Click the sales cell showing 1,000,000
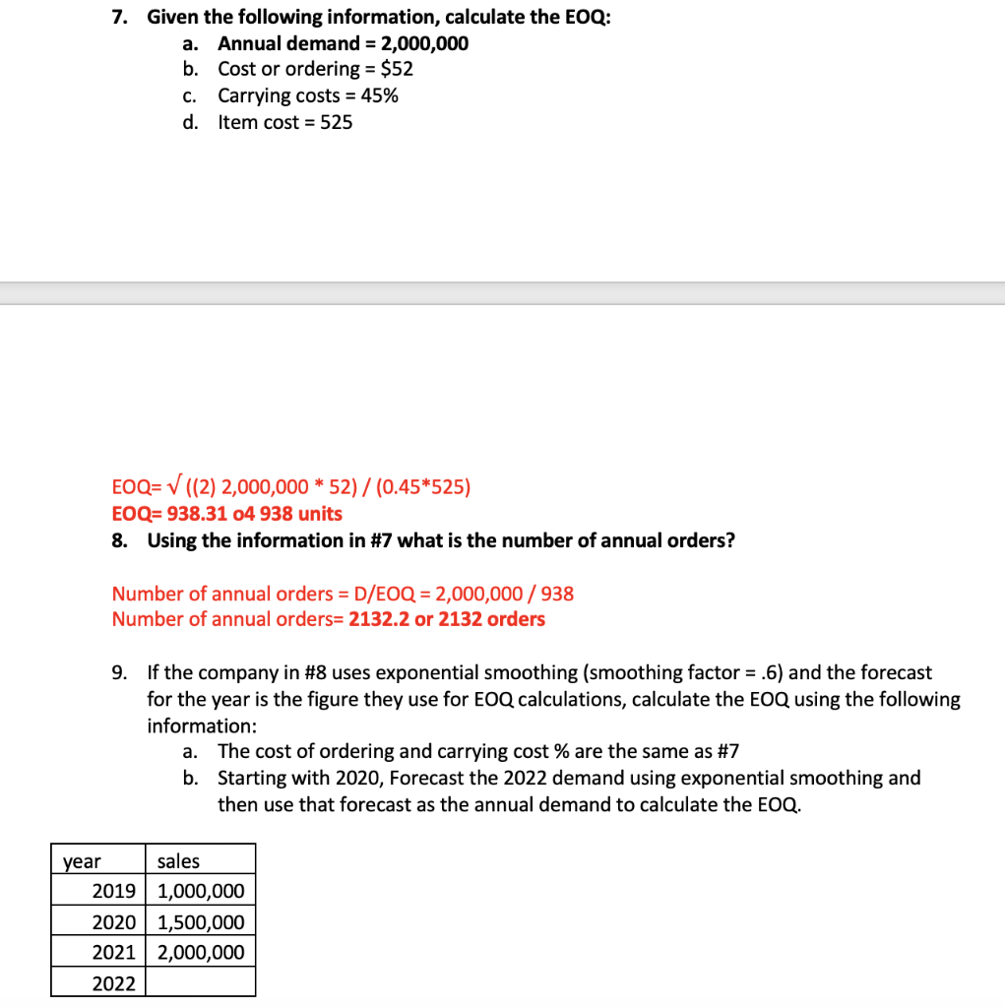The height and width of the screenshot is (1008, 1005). [200, 892]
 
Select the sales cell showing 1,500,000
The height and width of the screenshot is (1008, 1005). [200, 922]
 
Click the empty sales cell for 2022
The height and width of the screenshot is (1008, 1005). [200, 982]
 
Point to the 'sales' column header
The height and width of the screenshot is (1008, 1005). [178, 861]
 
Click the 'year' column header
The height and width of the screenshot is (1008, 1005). [82, 861]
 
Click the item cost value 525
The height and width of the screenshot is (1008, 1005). [336, 122]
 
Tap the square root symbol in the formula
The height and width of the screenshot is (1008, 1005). [156, 486]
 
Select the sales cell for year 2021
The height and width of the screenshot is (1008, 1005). [200, 952]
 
